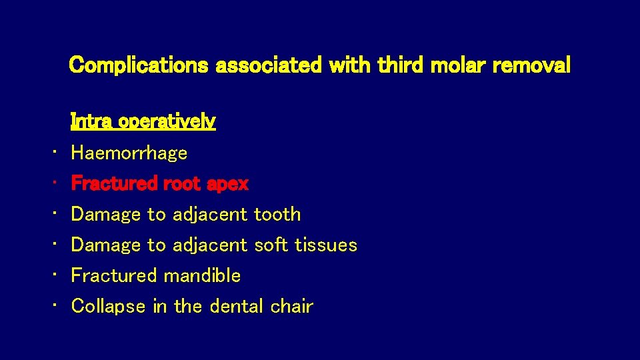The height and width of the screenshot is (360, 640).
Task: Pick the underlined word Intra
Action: (91, 122)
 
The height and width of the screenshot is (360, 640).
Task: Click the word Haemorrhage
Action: (129, 153)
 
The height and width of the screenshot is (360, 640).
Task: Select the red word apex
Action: (227, 184)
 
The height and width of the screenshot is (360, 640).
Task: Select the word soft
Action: (269, 245)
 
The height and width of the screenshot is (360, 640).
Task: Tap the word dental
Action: (237, 307)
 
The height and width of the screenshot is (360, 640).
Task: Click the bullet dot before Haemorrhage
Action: (55, 153)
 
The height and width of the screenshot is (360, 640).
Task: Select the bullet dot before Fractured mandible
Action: (55, 276)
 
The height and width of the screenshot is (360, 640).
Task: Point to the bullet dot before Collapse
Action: (55, 307)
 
